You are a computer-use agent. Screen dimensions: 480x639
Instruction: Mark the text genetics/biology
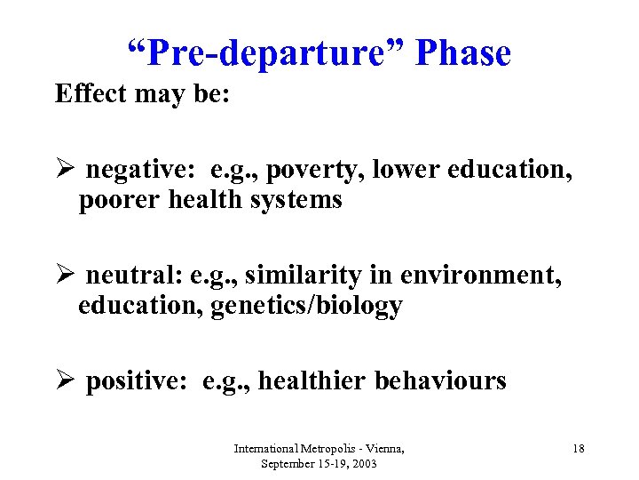tap(306, 307)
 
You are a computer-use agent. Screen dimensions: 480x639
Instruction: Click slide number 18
tap(578, 449)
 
